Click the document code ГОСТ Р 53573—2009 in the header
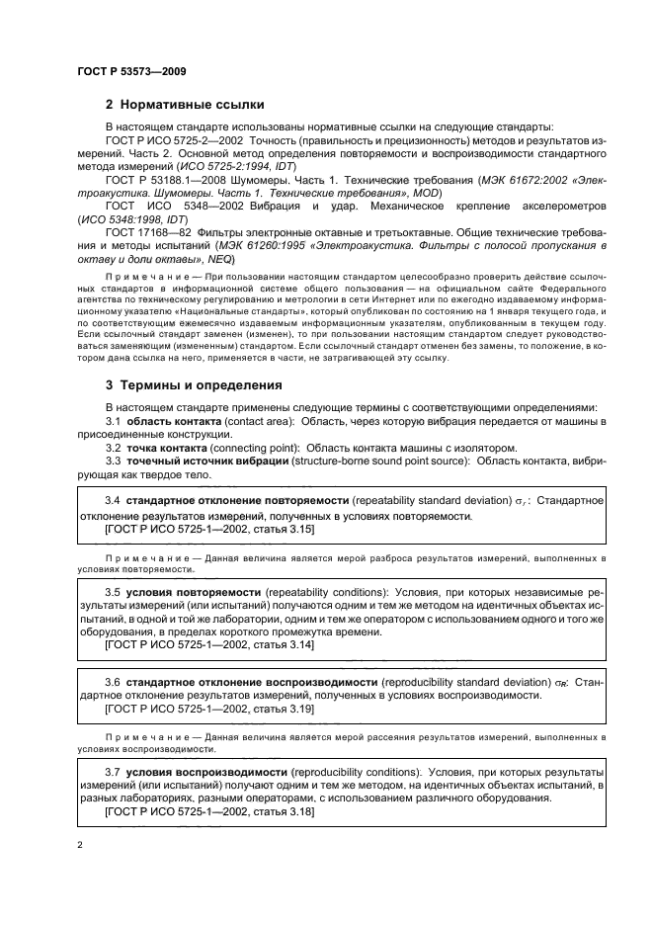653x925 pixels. tap(130, 71)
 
